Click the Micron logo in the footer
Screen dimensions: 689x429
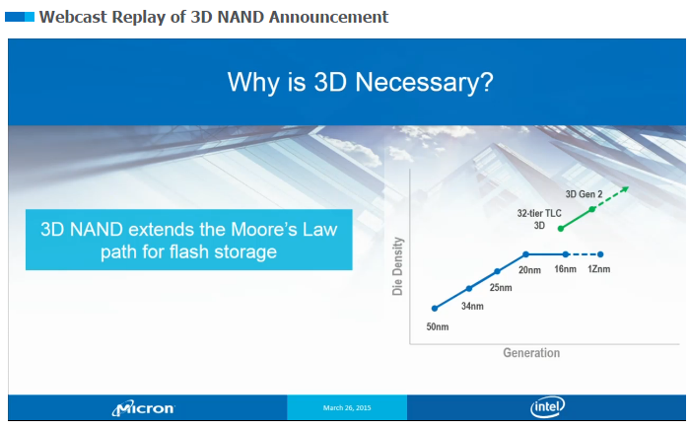pos(143,408)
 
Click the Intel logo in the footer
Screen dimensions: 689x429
pos(547,407)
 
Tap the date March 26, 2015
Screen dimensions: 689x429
pos(347,408)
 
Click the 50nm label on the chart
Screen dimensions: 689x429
pos(438,326)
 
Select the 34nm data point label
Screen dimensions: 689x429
pos(472,306)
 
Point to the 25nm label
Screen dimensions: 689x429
pos(501,287)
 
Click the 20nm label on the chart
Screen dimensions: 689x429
pos(529,270)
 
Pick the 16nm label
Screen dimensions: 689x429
pos(565,269)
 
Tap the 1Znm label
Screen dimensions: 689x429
pos(599,269)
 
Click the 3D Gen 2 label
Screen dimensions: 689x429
pos(584,194)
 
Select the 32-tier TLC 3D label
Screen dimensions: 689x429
pos(539,219)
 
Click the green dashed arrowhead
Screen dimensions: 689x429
pos(624,189)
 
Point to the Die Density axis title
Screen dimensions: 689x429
pos(397,266)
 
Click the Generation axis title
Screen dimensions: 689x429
pos(531,352)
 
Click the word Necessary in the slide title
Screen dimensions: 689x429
pos(424,82)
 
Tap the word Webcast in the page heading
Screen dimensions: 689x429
pos(73,17)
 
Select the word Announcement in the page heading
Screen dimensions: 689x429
pos(328,17)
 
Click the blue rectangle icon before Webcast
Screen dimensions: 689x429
pos(20,17)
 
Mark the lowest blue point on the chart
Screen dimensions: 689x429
pos(435,309)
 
